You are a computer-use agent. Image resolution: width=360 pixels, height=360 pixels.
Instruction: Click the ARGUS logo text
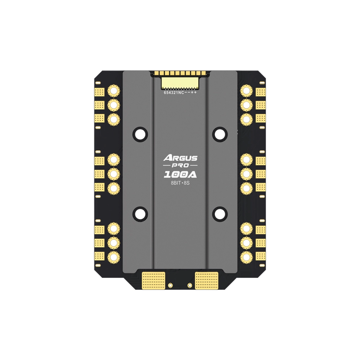[x=180, y=158]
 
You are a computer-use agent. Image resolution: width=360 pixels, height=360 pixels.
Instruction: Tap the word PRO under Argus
[x=180, y=166]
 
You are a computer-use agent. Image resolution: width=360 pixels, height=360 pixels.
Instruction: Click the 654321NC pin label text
[x=174, y=93]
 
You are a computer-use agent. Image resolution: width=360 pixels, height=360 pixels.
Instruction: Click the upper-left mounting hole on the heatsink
[x=140, y=134]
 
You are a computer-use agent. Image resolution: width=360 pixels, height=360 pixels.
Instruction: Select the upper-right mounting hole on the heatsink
[x=220, y=134]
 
